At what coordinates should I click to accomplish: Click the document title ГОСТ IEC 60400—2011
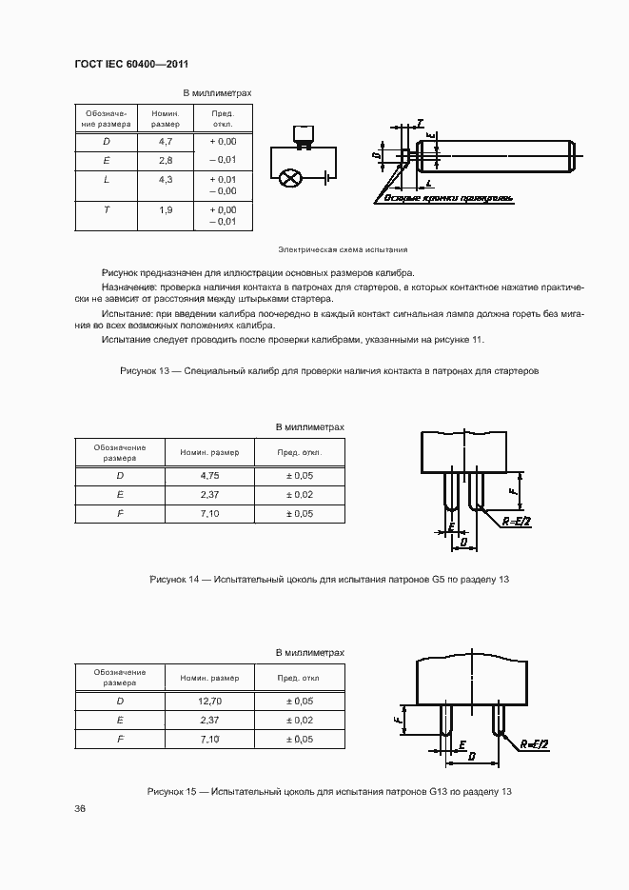[131, 64]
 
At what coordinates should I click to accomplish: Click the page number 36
[80, 809]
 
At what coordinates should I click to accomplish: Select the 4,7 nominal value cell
[165, 141]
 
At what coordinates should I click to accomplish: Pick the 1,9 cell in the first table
[165, 209]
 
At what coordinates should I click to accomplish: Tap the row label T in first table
[106, 209]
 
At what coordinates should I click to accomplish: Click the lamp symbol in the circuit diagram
[293, 177]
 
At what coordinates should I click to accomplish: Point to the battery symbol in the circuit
[326, 177]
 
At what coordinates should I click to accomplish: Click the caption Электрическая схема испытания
[343, 249]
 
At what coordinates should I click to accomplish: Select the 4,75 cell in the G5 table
[210, 475]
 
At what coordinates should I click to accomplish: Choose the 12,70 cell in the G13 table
[210, 701]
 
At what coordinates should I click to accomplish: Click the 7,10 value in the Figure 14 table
[210, 514]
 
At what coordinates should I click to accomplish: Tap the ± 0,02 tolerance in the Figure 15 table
[301, 720]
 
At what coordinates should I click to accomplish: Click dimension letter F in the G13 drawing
[397, 720]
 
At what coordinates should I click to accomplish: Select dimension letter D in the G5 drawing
[463, 542]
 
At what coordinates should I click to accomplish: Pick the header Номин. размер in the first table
[165, 118]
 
